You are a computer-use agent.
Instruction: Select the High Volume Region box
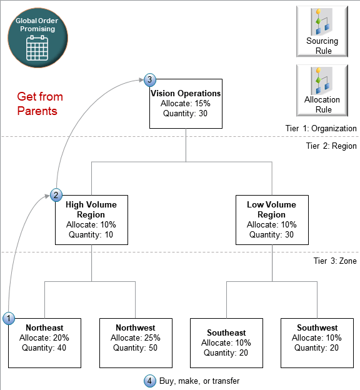coord(91,219)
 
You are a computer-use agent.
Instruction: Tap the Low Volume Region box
coord(271,219)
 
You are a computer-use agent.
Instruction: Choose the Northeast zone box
coord(44,342)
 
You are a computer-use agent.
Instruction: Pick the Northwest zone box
coord(136,342)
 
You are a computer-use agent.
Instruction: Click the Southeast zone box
coord(226,342)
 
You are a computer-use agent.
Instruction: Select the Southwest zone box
coord(317,342)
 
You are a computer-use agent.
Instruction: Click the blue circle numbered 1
coord(9,318)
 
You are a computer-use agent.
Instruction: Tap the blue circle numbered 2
coord(56,194)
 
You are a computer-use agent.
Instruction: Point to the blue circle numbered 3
coord(149,79)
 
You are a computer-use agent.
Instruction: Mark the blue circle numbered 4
coord(149,380)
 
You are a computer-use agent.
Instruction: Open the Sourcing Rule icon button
coord(322,30)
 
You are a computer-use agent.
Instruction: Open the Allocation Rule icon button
coord(322,89)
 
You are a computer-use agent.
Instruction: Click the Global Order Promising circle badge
coord(36,36)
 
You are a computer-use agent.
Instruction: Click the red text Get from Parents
coord(40,104)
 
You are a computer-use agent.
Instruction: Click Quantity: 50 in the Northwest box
coord(136,348)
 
